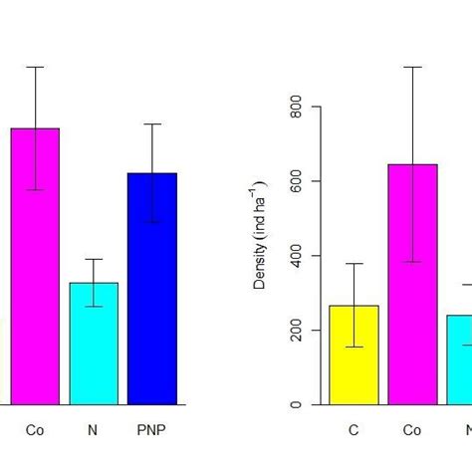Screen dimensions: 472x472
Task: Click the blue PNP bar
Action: click(x=152, y=289)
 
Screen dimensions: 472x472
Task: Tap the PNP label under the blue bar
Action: click(x=152, y=431)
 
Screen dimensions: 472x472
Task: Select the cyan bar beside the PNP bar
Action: click(x=94, y=344)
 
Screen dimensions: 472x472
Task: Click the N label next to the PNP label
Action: click(x=94, y=431)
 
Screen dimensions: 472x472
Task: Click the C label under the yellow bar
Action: click(x=354, y=431)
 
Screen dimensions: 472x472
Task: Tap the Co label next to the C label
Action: click(x=412, y=431)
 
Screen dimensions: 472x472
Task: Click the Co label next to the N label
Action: click(x=35, y=431)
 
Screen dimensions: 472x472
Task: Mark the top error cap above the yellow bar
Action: click(x=354, y=264)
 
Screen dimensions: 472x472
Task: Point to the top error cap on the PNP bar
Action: click(x=152, y=124)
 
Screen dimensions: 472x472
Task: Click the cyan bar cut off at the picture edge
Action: click(x=459, y=359)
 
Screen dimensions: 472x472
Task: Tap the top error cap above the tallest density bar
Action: click(x=412, y=67)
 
